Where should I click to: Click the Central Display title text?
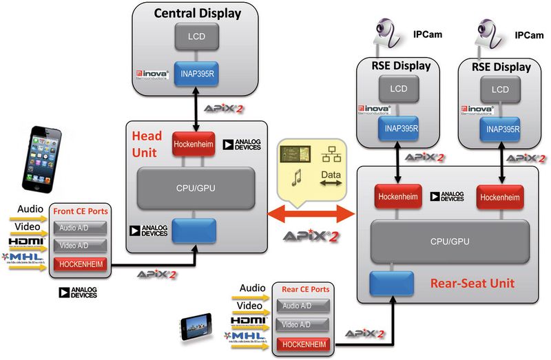[197, 13]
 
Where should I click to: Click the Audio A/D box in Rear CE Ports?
[304, 306]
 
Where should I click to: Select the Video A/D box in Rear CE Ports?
[304, 324]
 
